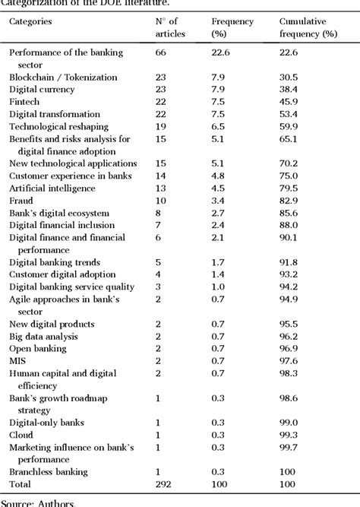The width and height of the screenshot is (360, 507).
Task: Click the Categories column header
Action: click(x=30, y=21)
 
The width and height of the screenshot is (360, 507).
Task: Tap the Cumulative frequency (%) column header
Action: click(x=308, y=27)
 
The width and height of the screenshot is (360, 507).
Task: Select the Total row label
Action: click(x=21, y=484)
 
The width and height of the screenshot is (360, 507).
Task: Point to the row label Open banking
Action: click(x=38, y=348)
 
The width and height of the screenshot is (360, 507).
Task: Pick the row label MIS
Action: click(x=18, y=360)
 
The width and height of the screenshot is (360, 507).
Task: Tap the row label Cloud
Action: click(x=22, y=435)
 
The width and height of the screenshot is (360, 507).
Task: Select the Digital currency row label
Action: click(x=42, y=89)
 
